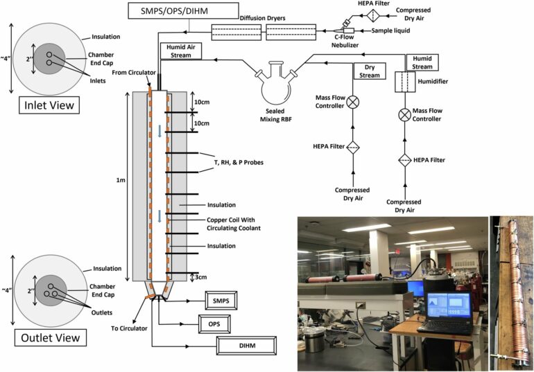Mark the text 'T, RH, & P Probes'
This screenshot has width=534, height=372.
point(236,163)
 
